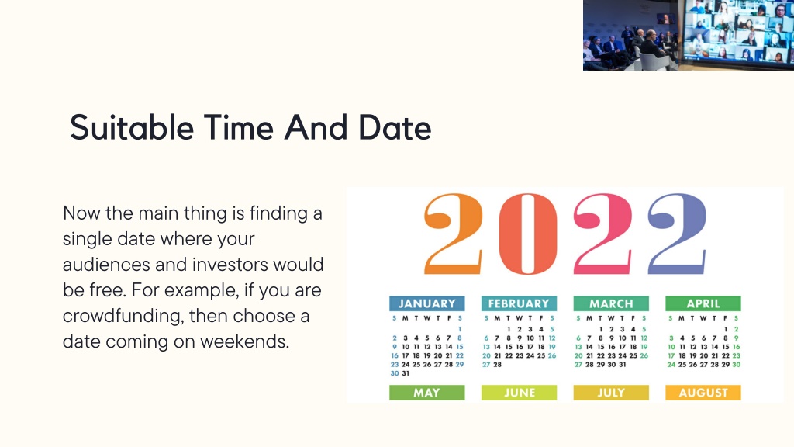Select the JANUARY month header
(427, 303)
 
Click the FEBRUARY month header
(519, 303)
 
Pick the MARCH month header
(611, 303)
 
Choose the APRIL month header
(703, 303)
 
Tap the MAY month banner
(427, 393)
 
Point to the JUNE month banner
(519, 393)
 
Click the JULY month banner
(611, 393)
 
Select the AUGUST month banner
(703, 393)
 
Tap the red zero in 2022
(528, 234)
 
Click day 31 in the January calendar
(406, 373)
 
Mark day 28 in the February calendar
(498, 365)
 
